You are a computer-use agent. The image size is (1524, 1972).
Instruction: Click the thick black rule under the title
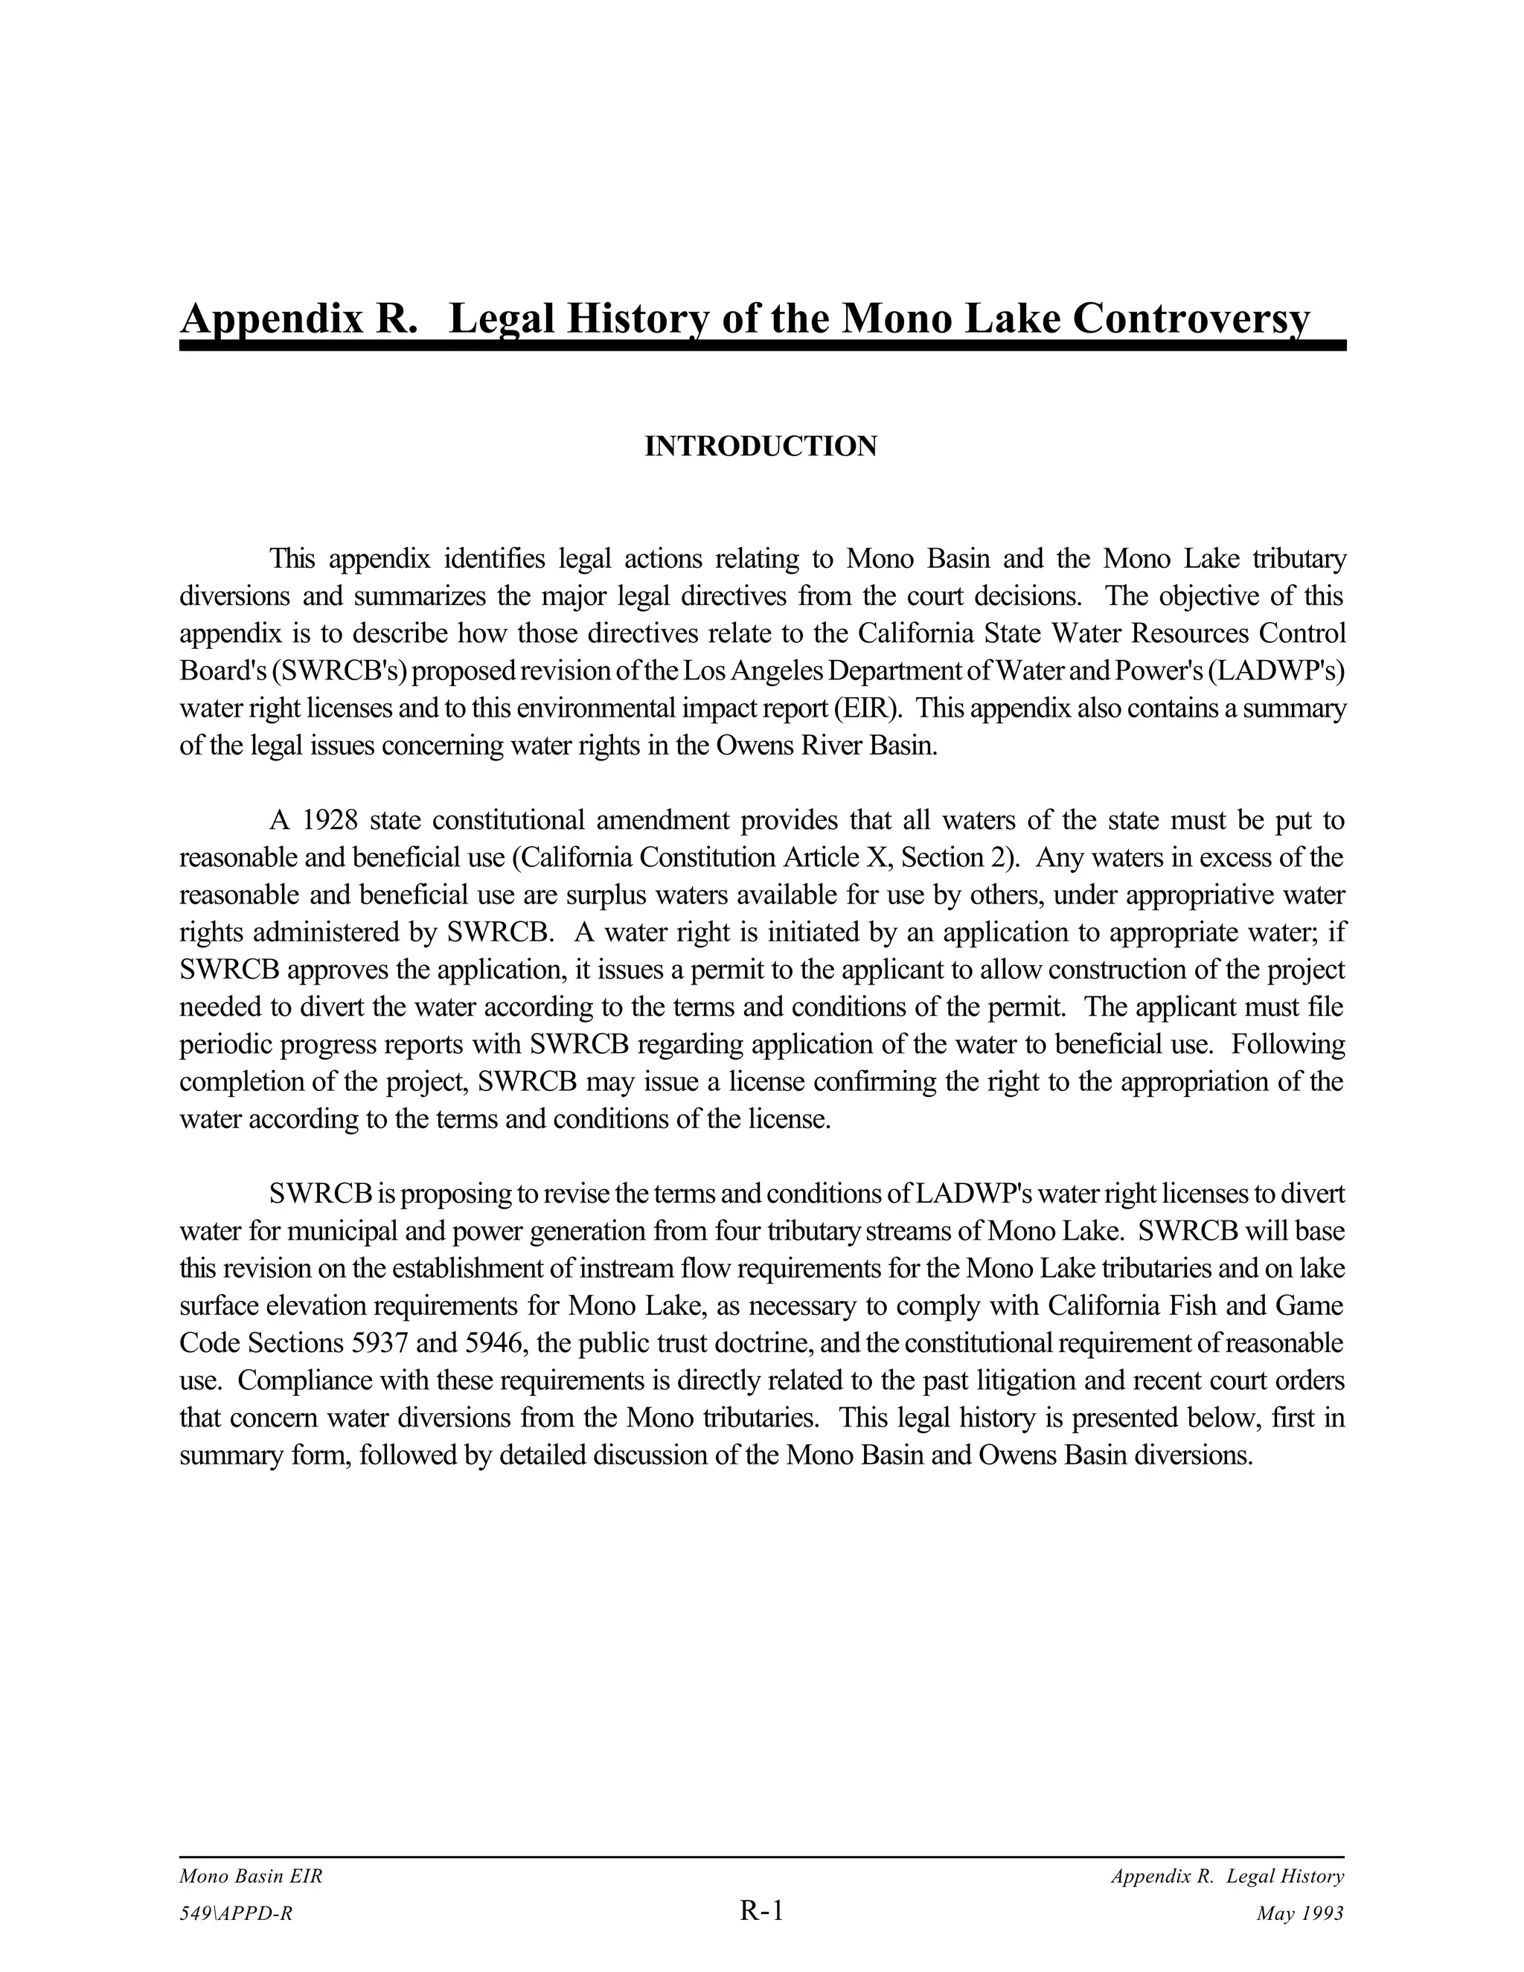[762, 346]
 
